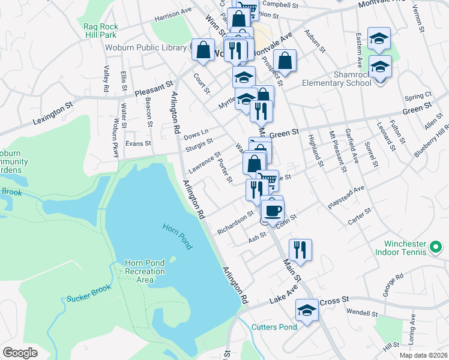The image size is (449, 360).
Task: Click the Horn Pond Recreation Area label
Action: (144, 272)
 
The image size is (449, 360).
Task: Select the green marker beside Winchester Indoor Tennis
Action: (436, 247)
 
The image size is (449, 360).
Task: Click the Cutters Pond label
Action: (274, 327)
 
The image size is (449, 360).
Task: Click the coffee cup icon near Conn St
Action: (273, 211)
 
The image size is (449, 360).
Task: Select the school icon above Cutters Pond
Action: (307, 311)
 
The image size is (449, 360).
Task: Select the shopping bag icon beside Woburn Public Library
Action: (203, 49)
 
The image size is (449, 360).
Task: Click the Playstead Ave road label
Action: (346, 198)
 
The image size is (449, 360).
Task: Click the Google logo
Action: (20, 352)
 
